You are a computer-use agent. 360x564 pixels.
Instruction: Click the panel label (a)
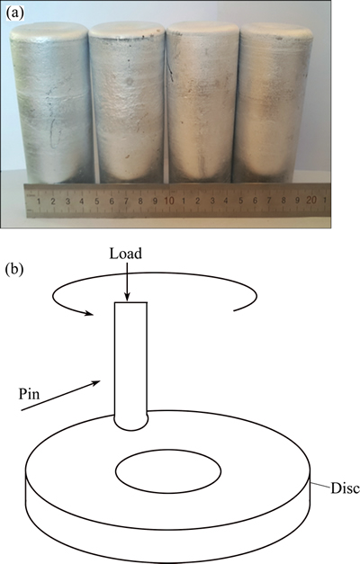pos(15,13)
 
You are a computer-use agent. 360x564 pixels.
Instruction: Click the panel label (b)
pos(14,270)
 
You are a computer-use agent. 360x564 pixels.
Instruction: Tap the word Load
pos(126,254)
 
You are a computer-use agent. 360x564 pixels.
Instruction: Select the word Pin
pos(29,394)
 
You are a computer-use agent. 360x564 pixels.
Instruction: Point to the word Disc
pos(345,488)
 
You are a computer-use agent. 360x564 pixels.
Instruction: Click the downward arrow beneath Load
pos(127,282)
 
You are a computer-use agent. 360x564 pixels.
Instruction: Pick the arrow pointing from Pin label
pos(60,396)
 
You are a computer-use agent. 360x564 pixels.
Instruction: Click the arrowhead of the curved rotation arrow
pos(89,313)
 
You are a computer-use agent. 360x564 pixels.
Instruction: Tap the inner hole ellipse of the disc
pos(168,470)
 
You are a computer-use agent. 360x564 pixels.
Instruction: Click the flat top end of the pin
pos(130,303)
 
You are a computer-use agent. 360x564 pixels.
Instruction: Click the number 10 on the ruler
pos(169,200)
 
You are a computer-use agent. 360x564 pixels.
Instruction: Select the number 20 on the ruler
pos(311,200)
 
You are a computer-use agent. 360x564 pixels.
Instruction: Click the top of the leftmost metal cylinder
pos(49,31)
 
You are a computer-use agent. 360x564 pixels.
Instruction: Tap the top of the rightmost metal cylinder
pos(276,31)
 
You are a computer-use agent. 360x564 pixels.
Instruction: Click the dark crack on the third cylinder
pos(169,67)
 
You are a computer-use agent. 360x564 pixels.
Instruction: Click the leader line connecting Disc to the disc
pos(320,485)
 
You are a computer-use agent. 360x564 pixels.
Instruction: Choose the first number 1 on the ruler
pos(39,201)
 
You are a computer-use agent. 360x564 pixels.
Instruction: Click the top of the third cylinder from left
pos(202,30)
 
